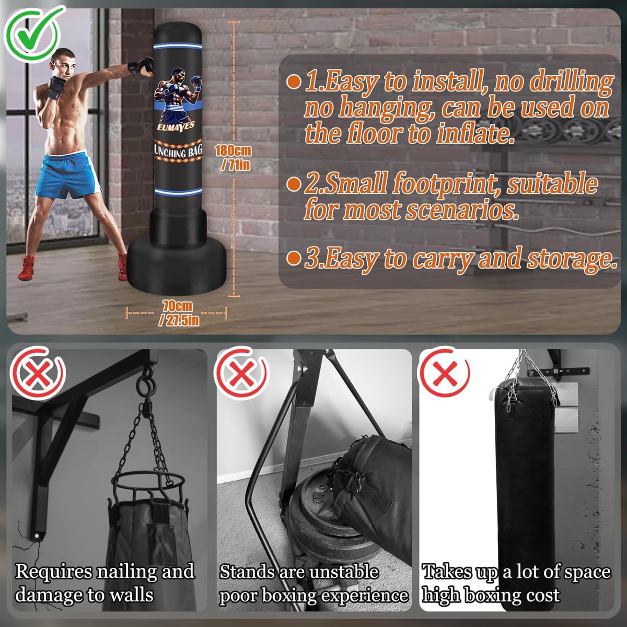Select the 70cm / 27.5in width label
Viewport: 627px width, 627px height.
click(177, 313)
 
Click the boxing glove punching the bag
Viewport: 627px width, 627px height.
click(141, 66)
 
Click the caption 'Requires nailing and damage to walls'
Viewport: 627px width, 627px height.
click(104, 583)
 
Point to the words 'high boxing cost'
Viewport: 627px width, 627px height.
click(491, 595)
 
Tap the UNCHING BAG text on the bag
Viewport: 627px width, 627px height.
click(178, 152)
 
